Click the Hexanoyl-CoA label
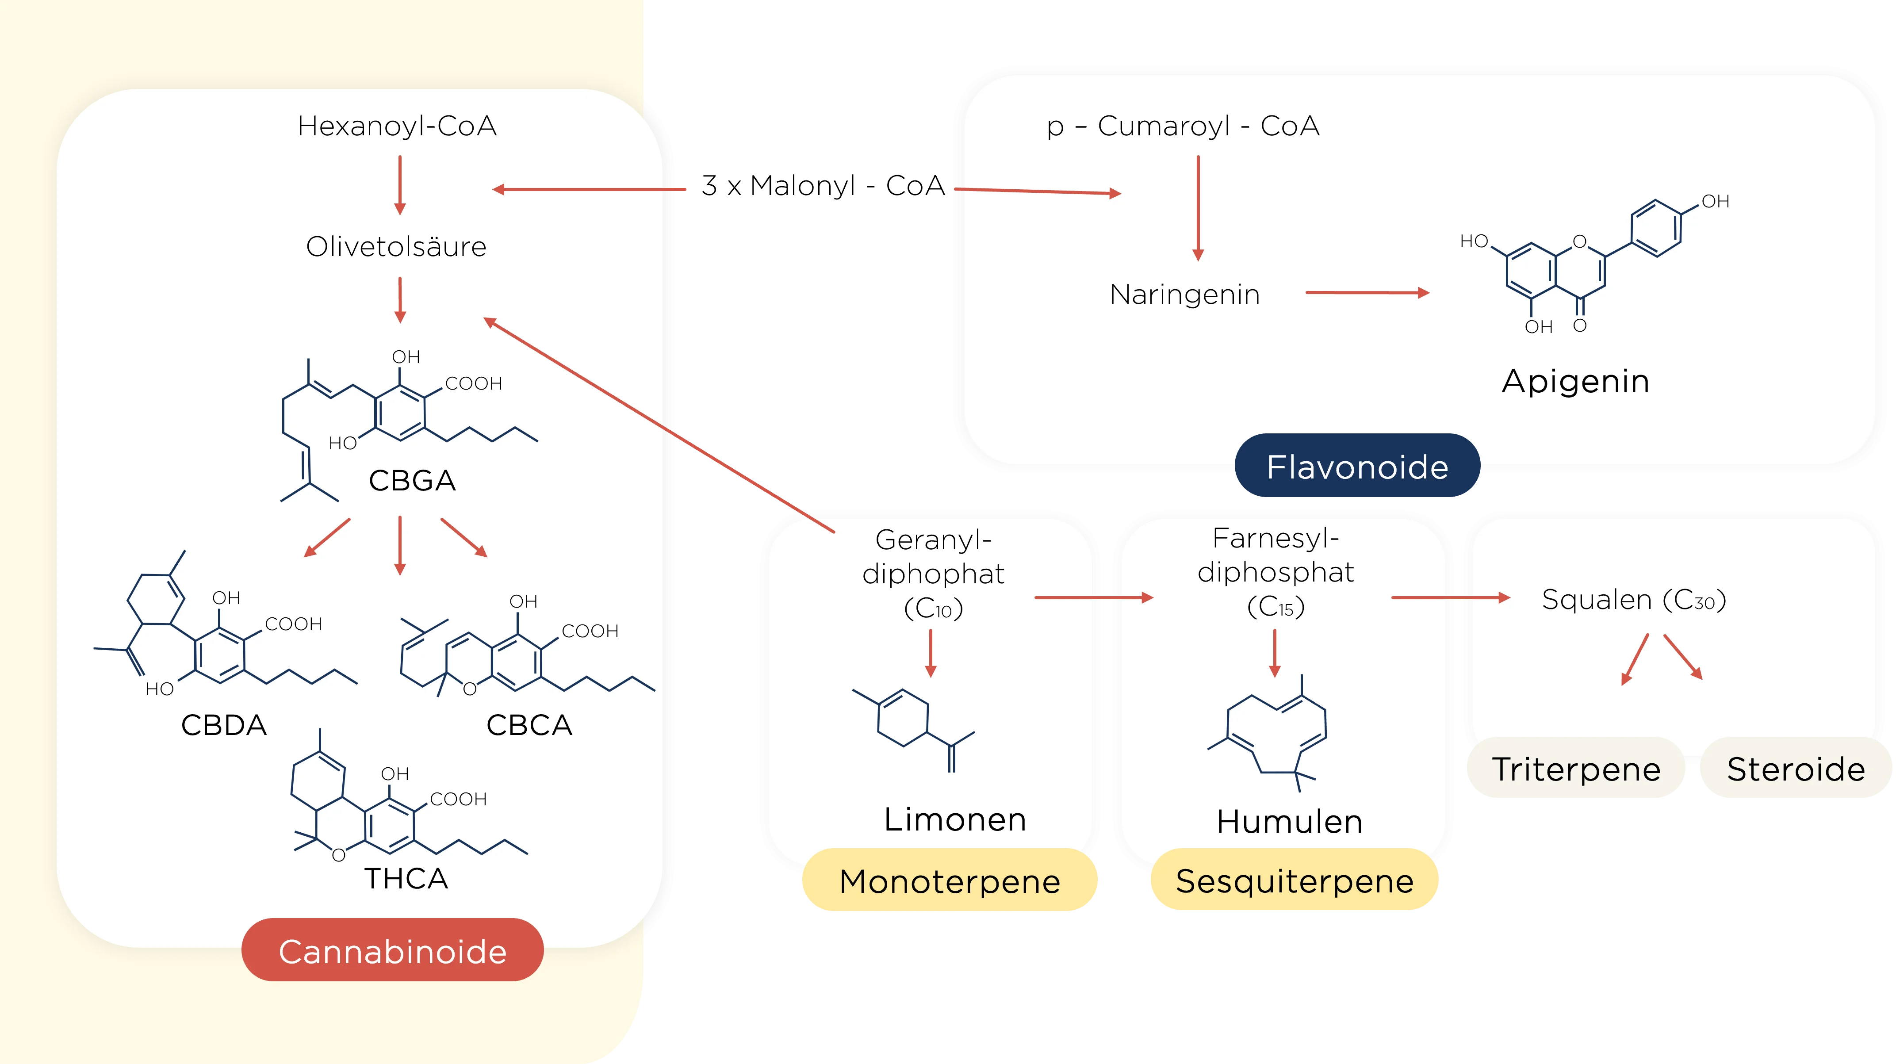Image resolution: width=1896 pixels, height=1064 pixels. pyautogui.click(x=397, y=126)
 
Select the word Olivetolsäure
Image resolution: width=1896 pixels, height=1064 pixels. pyautogui.click(x=396, y=246)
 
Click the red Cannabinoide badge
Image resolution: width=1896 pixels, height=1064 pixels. pyautogui.click(x=392, y=951)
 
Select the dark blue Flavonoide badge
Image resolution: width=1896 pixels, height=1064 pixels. pyautogui.click(x=1357, y=467)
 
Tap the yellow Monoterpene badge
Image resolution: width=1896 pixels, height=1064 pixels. pyautogui.click(x=950, y=881)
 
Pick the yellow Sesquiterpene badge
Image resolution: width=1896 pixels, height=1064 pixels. pyautogui.click(x=1295, y=881)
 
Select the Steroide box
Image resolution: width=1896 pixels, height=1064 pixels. pyautogui.click(x=1796, y=769)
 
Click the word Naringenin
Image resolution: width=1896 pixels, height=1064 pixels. pyautogui.click(x=1185, y=295)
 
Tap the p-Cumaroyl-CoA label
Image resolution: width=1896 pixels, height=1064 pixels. pyautogui.click(x=1183, y=126)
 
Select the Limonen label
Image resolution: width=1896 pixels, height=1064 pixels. pyautogui.click(x=954, y=819)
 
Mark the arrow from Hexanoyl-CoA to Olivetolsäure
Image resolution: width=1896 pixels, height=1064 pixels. pyautogui.click(x=400, y=185)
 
